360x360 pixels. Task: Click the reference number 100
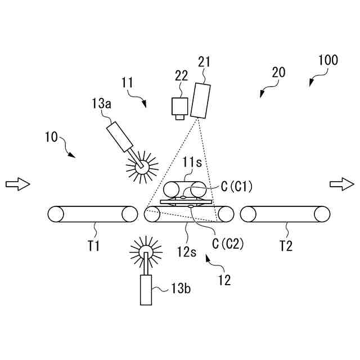pyautogui.click(x=328, y=60)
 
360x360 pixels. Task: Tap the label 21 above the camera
pyautogui.click(x=204, y=62)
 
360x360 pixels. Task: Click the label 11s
pyautogui.click(x=192, y=162)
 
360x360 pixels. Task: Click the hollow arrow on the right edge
pyautogui.click(x=341, y=184)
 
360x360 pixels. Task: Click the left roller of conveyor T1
pyautogui.click(x=56, y=215)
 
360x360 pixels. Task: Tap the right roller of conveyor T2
pyautogui.click(x=323, y=215)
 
